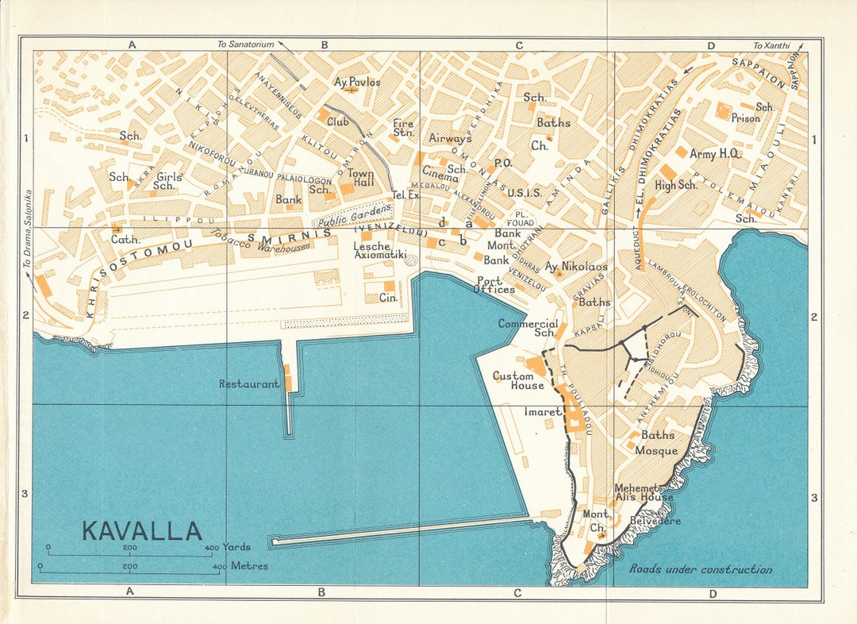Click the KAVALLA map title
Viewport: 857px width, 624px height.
[142, 530]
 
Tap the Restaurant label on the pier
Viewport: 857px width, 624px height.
[249, 384]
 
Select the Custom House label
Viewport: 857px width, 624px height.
[518, 380]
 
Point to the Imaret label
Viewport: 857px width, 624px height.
[543, 412]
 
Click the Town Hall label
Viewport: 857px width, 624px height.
[360, 178]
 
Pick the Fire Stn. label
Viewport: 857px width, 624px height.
[403, 128]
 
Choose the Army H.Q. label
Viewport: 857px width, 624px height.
[715, 153]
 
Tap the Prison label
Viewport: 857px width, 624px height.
[745, 118]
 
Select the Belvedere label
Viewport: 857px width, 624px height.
[655, 521]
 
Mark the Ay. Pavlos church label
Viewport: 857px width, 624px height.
[357, 82]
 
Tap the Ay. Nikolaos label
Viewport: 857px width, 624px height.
[576, 267]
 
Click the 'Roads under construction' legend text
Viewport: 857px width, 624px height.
[700, 569]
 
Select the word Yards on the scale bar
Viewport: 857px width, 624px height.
[237, 548]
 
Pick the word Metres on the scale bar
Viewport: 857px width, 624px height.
[248, 566]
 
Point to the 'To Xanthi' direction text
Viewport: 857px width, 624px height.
[771, 46]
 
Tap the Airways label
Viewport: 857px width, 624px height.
[450, 138]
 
